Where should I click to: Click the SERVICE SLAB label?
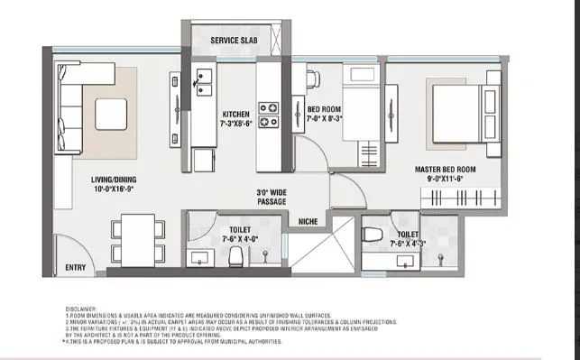pos(236,42)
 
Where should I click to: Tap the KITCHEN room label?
pos(235,115)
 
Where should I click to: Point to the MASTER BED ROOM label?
pos(446,169)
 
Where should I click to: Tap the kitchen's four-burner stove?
pos(269,114)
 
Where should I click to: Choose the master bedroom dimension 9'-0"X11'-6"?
pos(446,179)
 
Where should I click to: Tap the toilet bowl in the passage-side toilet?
pos(235,258)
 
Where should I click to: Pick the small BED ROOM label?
pos(323,109)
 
